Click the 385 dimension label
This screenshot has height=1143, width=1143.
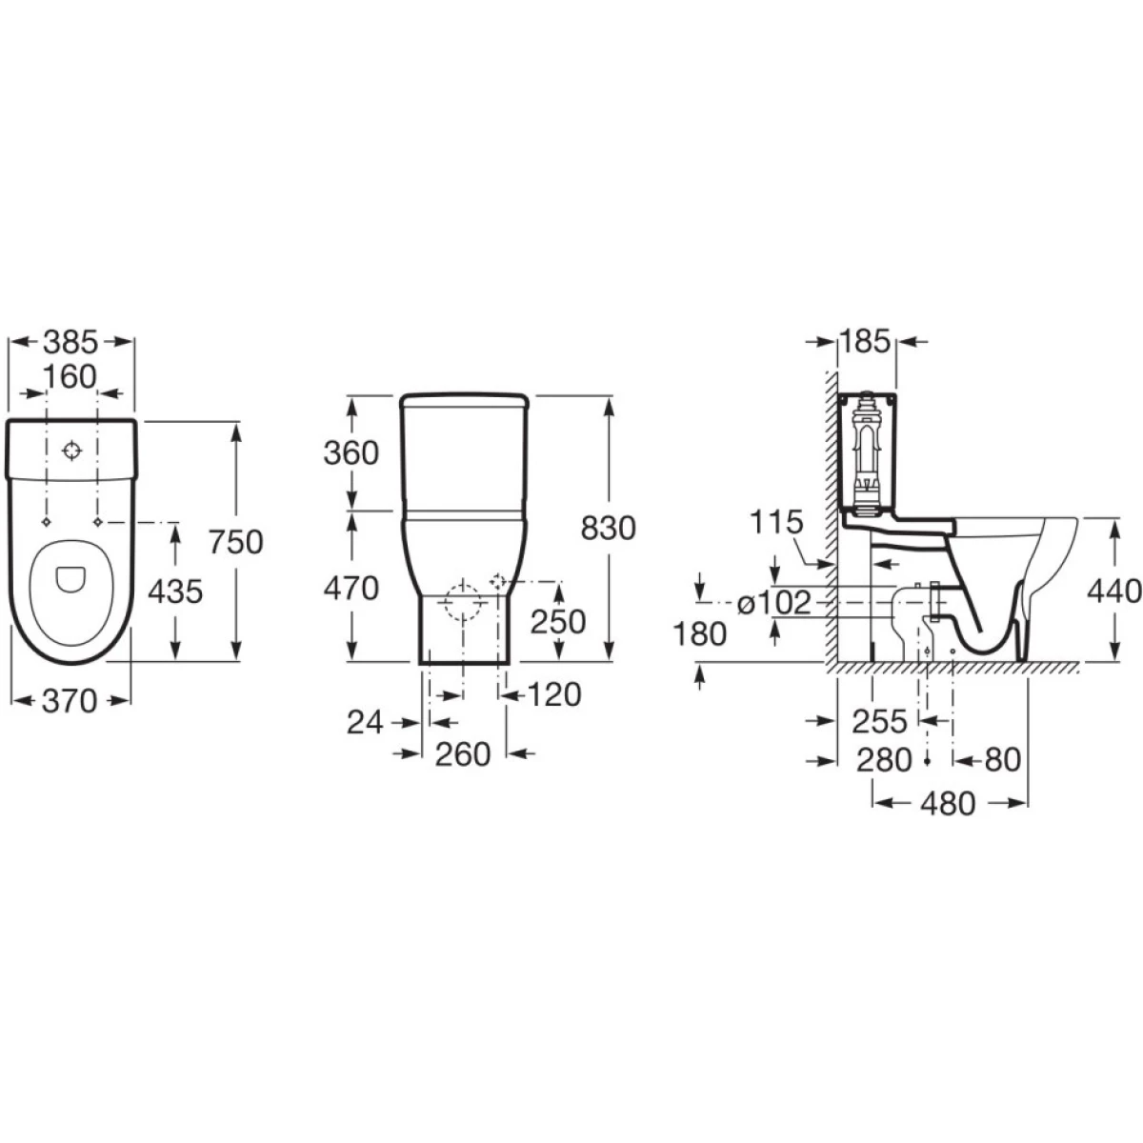point(70,342)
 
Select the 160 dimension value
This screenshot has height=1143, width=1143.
point(70,376)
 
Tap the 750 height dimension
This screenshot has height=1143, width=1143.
point(235,542)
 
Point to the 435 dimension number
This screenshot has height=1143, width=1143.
point(175,592)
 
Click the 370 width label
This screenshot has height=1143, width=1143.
point(70,701)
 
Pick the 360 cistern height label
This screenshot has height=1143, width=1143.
point(351,453)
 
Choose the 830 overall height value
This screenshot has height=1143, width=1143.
point(608,529)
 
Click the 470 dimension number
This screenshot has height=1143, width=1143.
point(351,589)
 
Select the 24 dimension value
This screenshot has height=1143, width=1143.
point(365,723)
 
